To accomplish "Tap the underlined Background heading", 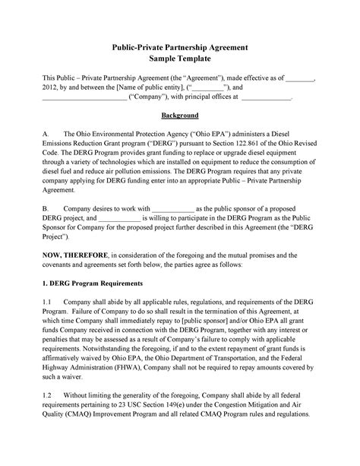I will point(179,115).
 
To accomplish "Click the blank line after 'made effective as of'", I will point(303,78).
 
